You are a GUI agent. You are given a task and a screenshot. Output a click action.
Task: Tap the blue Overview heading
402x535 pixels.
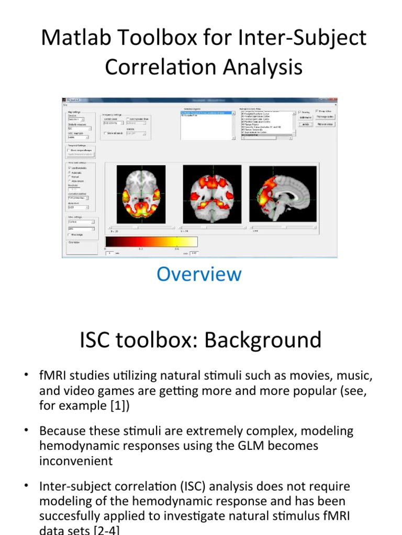pyautogui.click(x=199, y=274)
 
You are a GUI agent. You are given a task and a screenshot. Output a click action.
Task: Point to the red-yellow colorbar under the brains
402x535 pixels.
pyautogui.click(x=151, y=241)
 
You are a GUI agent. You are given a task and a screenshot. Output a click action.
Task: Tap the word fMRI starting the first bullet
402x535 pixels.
pyautogui.click(x=54, y=376)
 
